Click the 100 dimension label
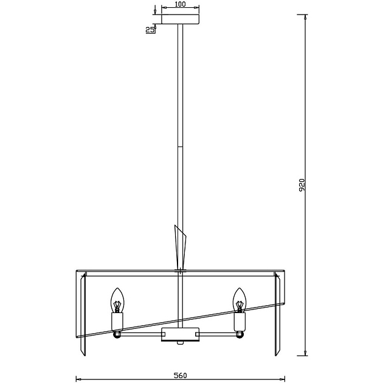pos(181,4)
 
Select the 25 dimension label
pos(150,30)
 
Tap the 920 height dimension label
pos(302,185)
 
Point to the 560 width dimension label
pos(181,375)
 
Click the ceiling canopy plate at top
pos(181,19)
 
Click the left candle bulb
pos(117,300)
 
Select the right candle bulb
pos(240,300)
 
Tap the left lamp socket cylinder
pos(117,322)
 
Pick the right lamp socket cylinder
pos(240,322)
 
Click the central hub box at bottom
pos(181,334)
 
